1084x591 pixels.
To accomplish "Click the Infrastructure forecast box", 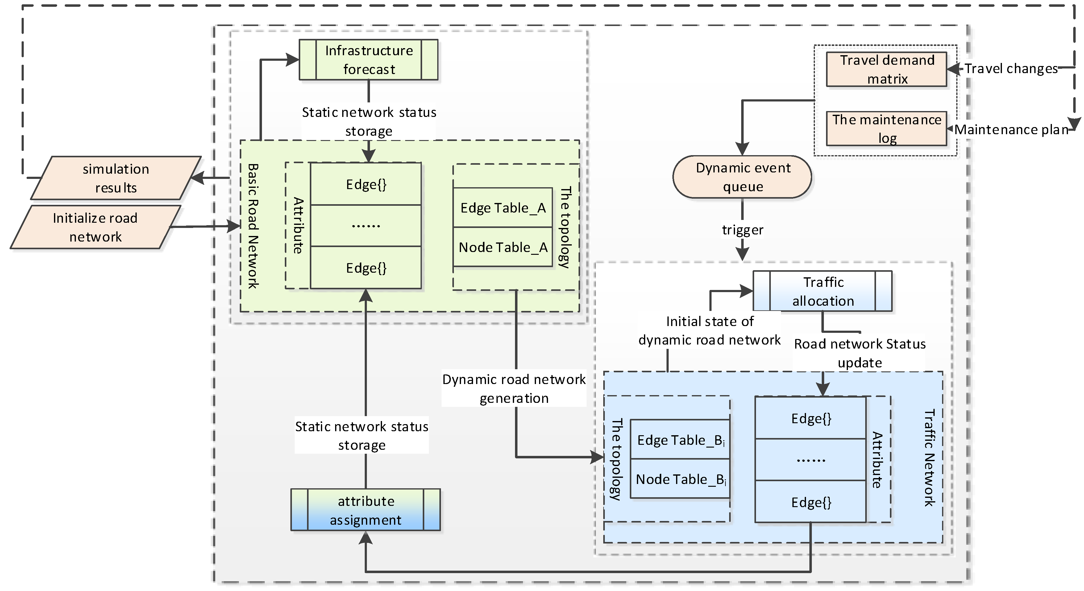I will pos(369,60).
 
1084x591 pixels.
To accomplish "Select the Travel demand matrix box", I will pos(887,69).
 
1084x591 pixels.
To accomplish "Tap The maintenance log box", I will pos(887,129).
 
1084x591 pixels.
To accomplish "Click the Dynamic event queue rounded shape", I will pos(742,177).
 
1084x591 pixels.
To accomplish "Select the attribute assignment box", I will pos(366,510).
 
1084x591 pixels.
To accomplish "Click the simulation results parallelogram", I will pos(116,178).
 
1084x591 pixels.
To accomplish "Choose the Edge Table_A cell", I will pos(503,208).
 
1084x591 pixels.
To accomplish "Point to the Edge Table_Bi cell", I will pos(680,440).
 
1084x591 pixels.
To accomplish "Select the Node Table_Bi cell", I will pos(680,479).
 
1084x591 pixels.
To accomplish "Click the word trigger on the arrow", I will pos(742,230).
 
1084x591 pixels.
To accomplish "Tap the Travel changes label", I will pos(1011,68).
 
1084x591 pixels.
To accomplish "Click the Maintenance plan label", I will pos(1011,130).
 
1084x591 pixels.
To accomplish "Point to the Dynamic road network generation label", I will pos(514,389).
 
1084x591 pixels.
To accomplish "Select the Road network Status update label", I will pos(859,353).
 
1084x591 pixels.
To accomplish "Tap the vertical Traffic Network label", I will pos(929,458).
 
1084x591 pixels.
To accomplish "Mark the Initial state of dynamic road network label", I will pos(709,331).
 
